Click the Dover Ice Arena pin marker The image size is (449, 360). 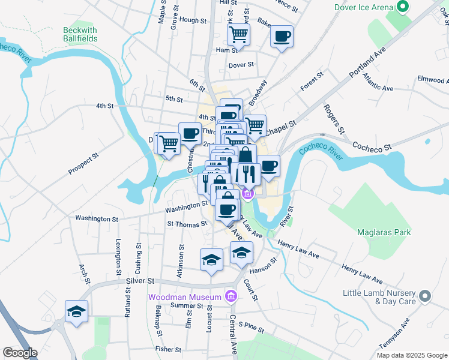pyautogui.click(x=402, y=7)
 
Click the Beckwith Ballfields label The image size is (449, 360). pyautogui.click(x=80, y=34)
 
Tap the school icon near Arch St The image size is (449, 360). pyautogui.click(x=76, y=311)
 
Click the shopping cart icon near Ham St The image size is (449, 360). pyautogui.click(x=238, y=35)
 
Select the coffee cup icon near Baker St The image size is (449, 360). pyautogui.click(x=282, y=37)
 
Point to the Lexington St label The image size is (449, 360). pyautogui.click(x=117, y=255)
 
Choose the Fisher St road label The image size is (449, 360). pyautogui.click(x=168, y=349)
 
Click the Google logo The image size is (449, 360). pyautogui.click(x=20, y=353)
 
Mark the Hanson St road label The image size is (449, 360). pyautogui.click(x=265, y=265)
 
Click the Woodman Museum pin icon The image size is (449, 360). pyautogui.click(x=230, y=296)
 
